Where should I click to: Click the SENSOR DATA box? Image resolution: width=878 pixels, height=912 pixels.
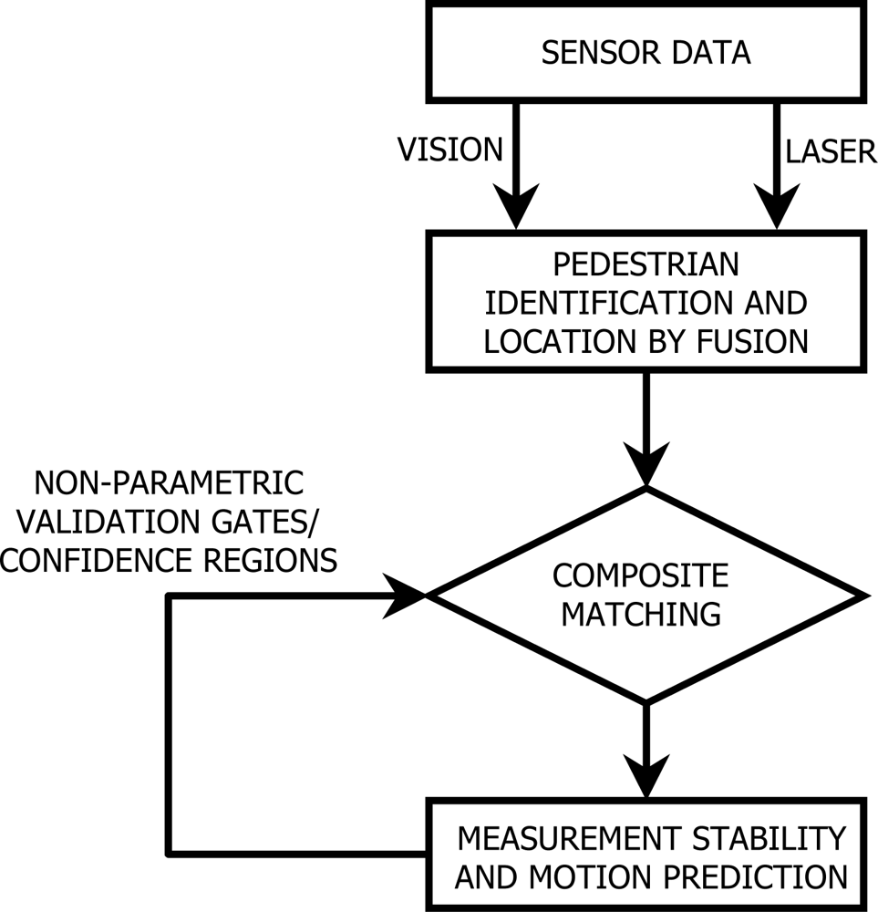(646, 52)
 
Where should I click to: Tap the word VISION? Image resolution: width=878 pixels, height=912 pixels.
(450, 150)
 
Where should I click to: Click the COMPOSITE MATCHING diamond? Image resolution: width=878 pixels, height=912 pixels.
(646, 596)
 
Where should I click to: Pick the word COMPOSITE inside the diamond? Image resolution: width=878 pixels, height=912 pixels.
(641, 576)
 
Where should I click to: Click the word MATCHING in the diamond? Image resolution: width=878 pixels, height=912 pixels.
(641, 614)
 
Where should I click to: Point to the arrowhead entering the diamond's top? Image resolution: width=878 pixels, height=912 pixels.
(646, 465)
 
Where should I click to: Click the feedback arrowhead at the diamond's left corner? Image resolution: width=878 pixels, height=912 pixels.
(407, 596)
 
